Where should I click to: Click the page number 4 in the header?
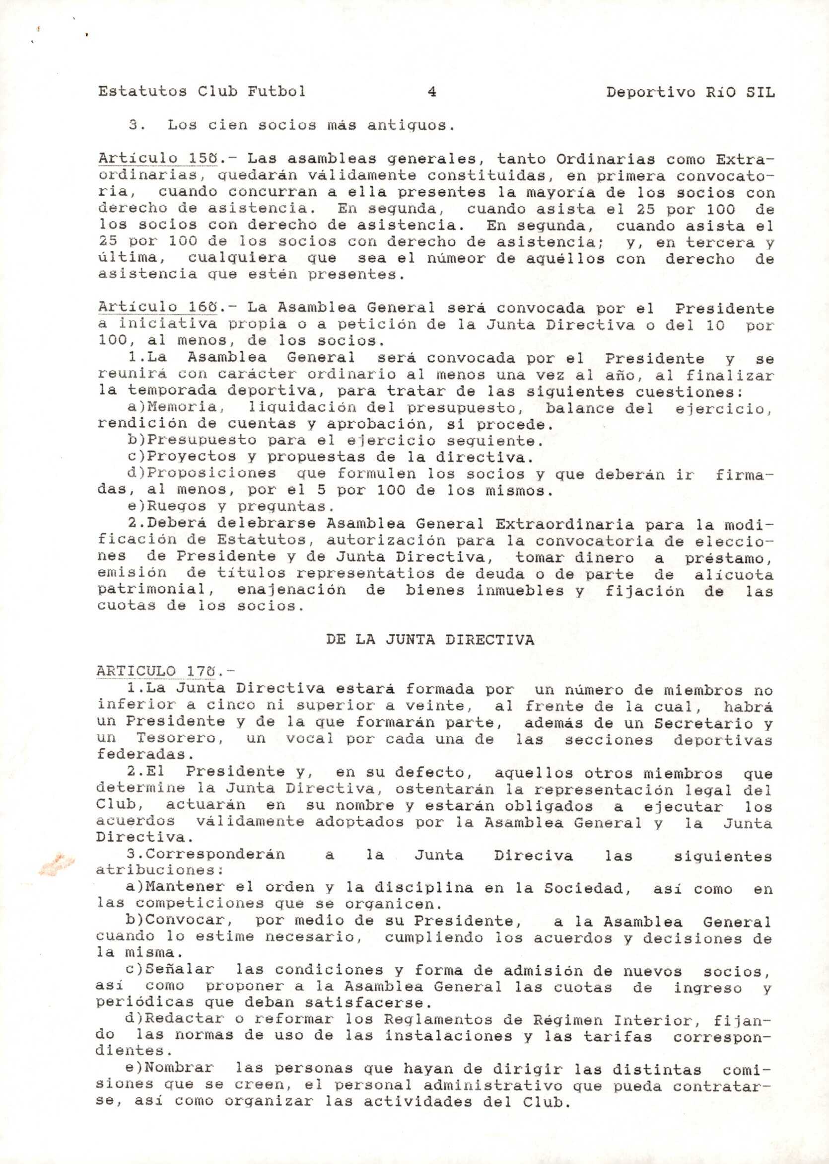432,92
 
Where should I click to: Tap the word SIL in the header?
760,92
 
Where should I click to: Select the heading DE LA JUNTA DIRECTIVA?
430,640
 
